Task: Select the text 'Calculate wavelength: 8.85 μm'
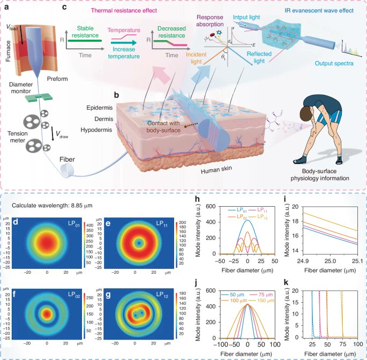coord(51,205)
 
